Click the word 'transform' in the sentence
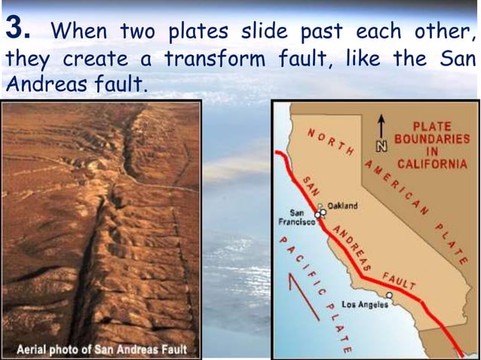(210, 58)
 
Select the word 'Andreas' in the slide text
(37, 83)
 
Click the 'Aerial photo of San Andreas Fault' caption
(103, 349)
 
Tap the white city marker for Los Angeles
(389, 295)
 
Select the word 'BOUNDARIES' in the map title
(432, 139)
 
